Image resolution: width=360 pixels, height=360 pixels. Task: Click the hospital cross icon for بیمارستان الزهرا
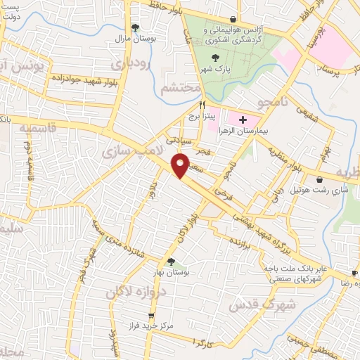point(243,121)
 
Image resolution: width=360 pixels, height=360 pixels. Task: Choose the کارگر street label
point(206,340)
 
